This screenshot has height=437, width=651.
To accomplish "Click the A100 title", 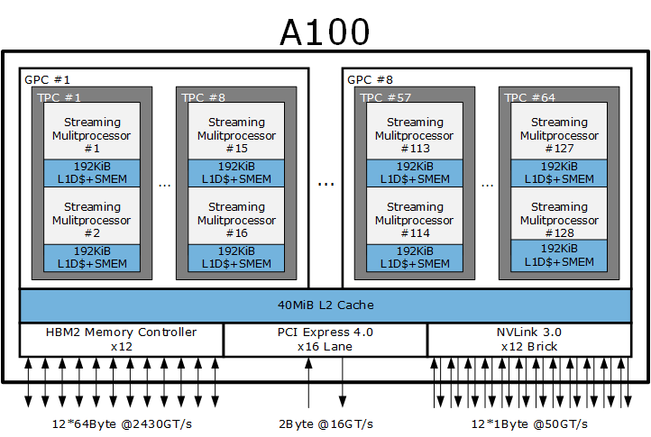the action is (x=325, y=32).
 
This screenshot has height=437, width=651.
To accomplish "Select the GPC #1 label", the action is (x=47, y=79).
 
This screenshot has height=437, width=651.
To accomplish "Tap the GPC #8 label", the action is (x=370, y=79).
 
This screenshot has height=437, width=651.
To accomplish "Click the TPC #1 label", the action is (x=59, y=97).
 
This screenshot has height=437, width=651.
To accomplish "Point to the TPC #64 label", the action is (x=529, y=97).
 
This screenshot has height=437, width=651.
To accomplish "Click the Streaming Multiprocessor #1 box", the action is (x=92, y=131).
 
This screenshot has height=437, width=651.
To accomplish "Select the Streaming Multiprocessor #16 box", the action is (x=236, y=216).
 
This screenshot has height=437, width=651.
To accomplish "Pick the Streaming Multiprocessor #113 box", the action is (x=415, y=131).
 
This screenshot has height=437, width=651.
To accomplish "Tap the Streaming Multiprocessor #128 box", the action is (x=559, y=214).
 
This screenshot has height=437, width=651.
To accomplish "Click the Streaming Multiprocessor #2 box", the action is (x=92, y=216).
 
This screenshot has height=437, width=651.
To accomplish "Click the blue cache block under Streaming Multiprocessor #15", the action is (x=236, y=173).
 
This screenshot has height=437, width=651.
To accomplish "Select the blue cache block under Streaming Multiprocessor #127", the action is (x=559, y=173).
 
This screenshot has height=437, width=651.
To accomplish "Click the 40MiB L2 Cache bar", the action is (x=325, y=305).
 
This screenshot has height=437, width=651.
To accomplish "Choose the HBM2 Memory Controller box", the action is (x=121, y=340).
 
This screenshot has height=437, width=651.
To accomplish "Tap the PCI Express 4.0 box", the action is (x=325, y=340).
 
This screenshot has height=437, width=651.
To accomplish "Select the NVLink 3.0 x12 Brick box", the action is (x=529, y=340).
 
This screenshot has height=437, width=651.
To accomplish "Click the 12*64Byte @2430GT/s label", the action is (x=122, y=424).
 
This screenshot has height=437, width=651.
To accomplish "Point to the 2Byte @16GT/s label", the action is (x=325, y=424).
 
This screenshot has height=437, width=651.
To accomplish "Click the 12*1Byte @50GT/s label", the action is (x=529, y=424).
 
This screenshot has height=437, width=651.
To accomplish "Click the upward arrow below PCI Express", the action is (x=308, y=383).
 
